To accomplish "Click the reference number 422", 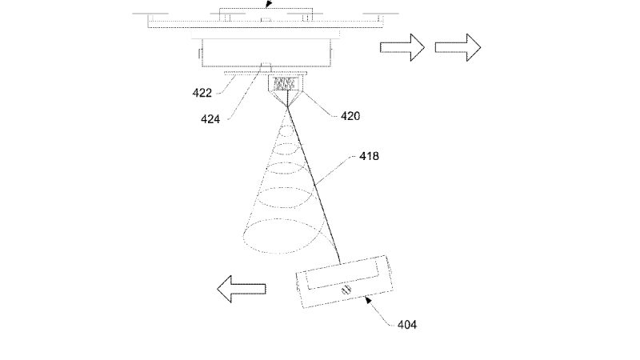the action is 202,93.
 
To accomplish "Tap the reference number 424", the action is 210,119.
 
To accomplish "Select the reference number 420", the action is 350,116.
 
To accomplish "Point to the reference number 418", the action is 369,156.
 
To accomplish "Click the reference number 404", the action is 407,325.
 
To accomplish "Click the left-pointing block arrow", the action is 242,289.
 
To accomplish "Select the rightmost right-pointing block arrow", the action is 458,47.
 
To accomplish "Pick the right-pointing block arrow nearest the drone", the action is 402,47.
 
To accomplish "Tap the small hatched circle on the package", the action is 346,290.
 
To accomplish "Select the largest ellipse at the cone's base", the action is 284,236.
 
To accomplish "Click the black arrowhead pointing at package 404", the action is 368,301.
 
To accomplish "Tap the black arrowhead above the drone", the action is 268,4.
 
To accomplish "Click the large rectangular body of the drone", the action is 266,53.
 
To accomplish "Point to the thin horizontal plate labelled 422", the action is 266,73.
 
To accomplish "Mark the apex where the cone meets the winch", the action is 288,106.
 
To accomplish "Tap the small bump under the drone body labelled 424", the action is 266,64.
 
